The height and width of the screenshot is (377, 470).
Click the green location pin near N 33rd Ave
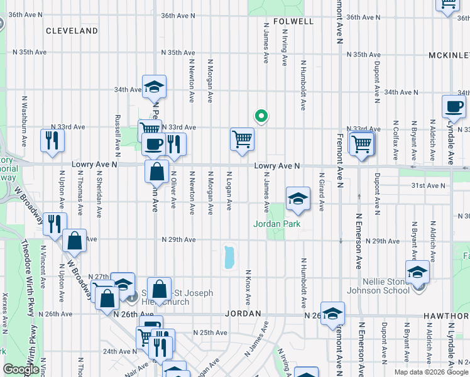pyautogui.click(x=261, y=116)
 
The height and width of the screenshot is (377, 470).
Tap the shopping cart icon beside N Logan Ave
pyautogui.click(x=242, y=139)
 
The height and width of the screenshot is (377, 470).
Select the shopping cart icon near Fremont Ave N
pyautogui.click(x=362, y=143)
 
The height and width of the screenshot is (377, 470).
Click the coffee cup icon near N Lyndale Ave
pyautogui.click(x=453, y=107)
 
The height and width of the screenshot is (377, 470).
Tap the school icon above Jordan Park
pyautogui.click(x=298, y=199)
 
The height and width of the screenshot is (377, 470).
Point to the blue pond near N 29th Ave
pyautogui.click(x=229, y=257)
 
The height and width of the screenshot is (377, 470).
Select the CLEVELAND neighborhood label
pyautogui.click(x=72, y=31)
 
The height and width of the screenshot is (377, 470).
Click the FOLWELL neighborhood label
pyautogui.click(x=293, y=21)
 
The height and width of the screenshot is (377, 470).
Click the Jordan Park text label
pyautogui.click(x=277, y=224)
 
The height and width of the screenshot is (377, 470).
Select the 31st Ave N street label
pyautogui.click(x=428, y=186)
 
